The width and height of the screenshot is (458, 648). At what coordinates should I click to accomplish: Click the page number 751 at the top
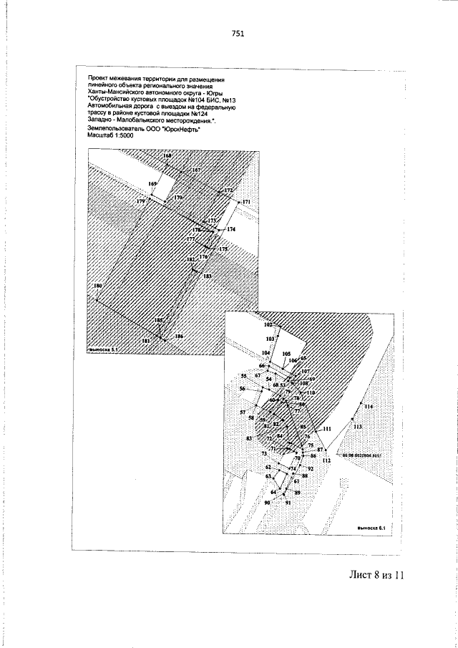tap(238, 33)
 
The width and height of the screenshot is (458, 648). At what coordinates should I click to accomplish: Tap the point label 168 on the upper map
tap(167, 155)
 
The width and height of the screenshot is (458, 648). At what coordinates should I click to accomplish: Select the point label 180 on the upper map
tap(98, 286)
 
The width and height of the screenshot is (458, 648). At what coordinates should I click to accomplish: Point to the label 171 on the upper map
tap(247, 203)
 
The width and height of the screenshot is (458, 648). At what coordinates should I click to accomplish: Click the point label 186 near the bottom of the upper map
tap(179, 336)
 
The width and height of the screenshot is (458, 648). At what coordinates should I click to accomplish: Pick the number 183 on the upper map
tap(207, 276)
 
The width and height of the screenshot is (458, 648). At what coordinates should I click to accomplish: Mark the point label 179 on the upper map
tap(141, 203)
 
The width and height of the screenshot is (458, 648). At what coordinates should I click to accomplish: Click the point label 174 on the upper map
tap(230, 229)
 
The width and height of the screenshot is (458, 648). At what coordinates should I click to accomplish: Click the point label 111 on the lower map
tap(327, 428)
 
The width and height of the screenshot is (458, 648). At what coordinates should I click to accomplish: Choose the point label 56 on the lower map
tap(243, 389)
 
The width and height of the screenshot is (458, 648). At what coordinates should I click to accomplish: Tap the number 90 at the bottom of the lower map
tap(268, 503)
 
